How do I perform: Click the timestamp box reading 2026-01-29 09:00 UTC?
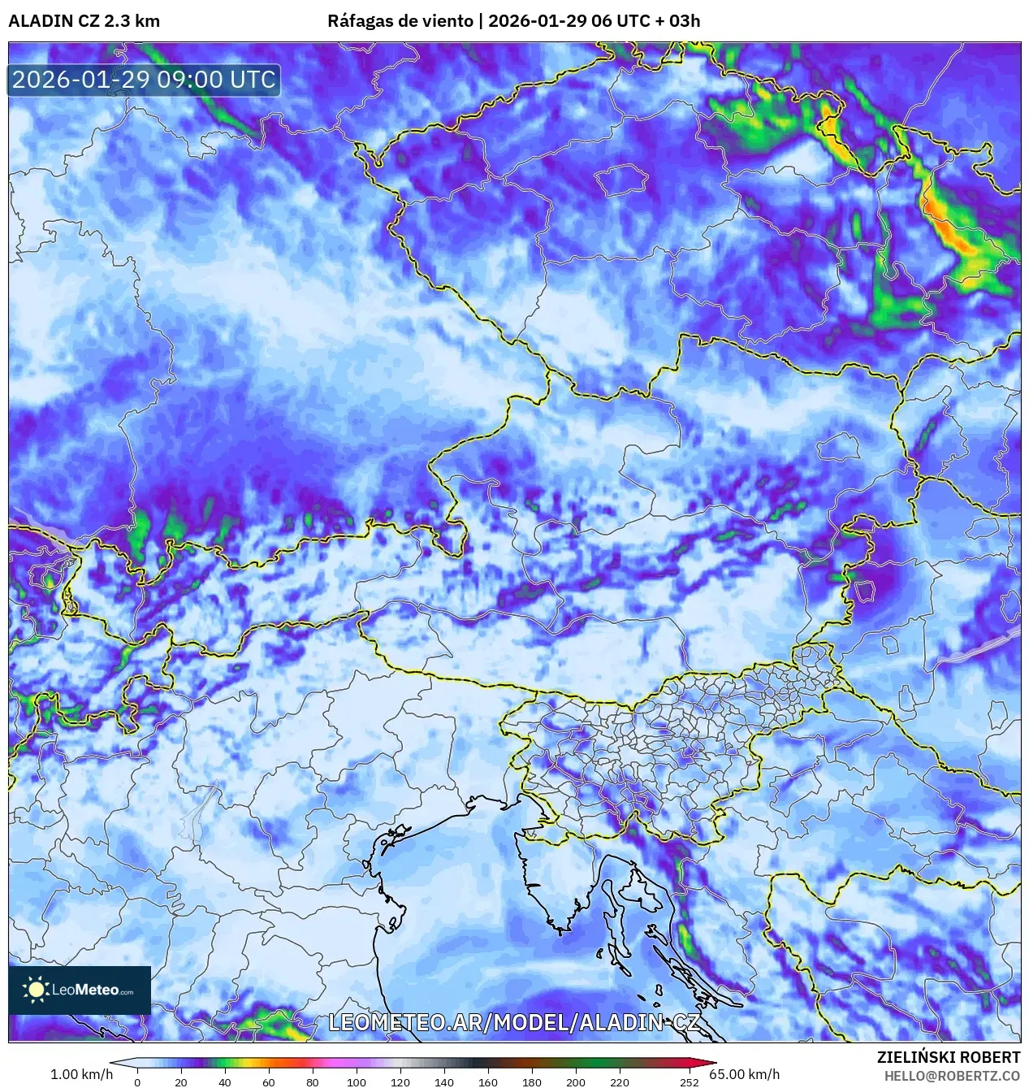[x=144, y=80]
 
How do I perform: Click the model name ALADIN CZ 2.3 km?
[x=84, y=21]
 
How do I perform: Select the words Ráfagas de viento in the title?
[x=400, y=21]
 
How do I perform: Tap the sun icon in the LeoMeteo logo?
[x=37, y=989]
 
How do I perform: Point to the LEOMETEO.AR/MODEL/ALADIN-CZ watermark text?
[x=513, y=1022]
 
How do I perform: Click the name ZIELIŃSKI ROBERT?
[x=948, y=1057]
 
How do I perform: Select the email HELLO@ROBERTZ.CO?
[x=952, y=1076]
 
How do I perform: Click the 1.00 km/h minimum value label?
[x=81, y=1074]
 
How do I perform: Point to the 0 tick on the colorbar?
[x=137, y=1081]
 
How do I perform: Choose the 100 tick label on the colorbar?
[x=357, y=1081]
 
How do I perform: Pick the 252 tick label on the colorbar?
[x=689, y=1081]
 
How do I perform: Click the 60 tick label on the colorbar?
[x=269, y=1081]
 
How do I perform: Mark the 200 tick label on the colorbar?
[x=576, y=1081]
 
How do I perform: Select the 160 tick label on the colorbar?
[x=488, y=1081]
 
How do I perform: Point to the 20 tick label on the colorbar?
[x=181, y=1081]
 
